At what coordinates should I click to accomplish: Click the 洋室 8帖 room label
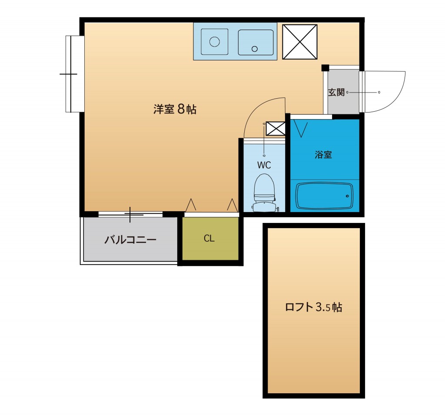[x=175, y=109]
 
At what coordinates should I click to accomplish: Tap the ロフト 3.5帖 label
[x=313, y=307]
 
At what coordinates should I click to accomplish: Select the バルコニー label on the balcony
[x=130, y=239]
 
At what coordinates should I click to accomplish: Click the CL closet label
[x=209, y=239]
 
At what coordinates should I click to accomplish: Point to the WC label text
[x=264, y=165]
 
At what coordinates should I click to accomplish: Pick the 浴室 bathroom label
[x=324, y=155]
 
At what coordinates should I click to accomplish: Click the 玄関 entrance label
[x=336, y=93]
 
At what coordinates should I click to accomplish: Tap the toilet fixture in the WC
[x=264, y=191]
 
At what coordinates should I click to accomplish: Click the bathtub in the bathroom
[x=324, y=196]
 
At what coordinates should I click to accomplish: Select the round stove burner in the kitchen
[x=214, y=42]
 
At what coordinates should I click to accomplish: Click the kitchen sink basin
[x=256, y=42]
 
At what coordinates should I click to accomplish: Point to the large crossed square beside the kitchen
[x=300, y=42]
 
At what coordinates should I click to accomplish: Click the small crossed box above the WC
[x=276, y=128]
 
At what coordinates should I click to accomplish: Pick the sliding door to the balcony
[x=130, y=213]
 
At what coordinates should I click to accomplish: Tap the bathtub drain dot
[x=348, y=196]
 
